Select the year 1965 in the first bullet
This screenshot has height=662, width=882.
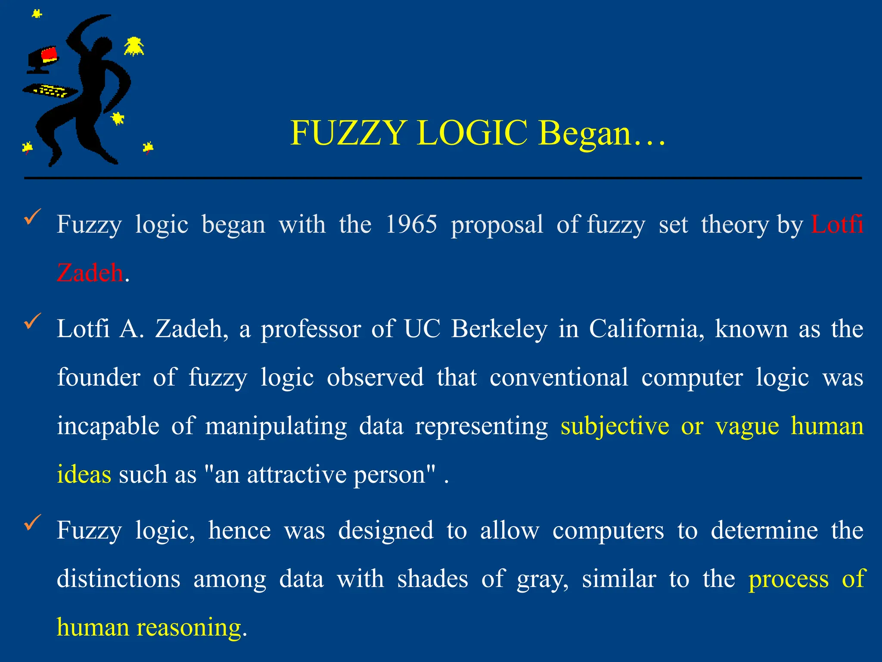pyautogui.click(x=411, y=224)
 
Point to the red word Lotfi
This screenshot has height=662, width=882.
pyautogui.click(x=837, y=224)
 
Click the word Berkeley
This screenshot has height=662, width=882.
pyautogui.click(x=499, y=328)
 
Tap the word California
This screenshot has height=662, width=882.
pyautogui.click(x=646, y=328)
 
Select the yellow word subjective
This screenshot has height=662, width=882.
pyautogui.click(x=615, y=426)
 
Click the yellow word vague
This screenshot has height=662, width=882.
pyautogui.click(x=747, y=427)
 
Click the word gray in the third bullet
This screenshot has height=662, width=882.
pyautogui.click(x=542, y=579)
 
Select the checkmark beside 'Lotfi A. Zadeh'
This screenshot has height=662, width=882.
pyautogui.click(x=33, y=321)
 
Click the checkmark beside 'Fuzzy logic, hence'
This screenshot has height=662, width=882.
pyautogui.click(x=33, y=522)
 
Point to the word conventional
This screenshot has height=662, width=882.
pyautogui.click(x=559, y=377)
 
